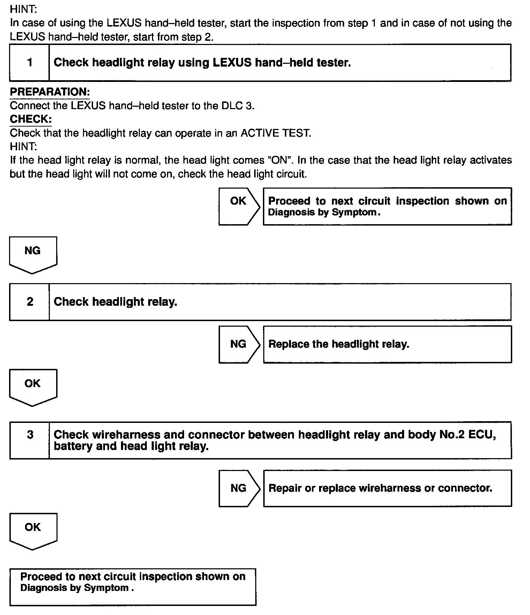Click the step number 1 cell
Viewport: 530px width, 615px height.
pos(30,63)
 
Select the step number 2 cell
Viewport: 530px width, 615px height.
pos(30,302)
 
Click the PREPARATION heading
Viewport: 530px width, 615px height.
pos(50,92)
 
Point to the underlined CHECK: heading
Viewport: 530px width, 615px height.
pos(31,119)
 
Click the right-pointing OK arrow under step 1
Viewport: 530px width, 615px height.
pos(239,206)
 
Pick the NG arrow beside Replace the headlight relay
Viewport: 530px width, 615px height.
pos(239,344)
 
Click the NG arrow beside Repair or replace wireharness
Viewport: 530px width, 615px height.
pos(239,488)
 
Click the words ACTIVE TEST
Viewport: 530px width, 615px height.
pos(275,133)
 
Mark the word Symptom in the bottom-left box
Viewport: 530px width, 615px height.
pos(107,588)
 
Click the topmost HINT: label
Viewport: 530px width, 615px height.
pos(23,10)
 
